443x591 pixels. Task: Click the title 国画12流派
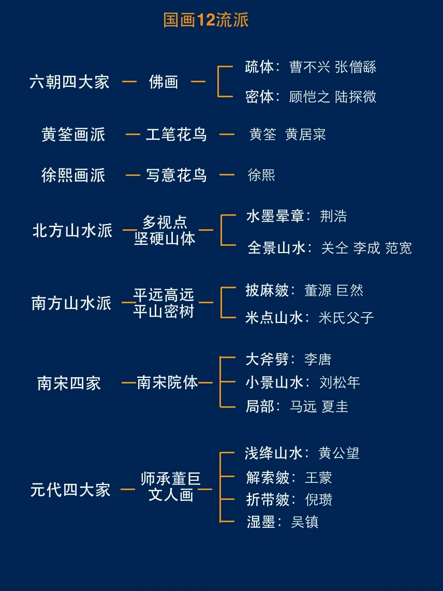[x=206, y=20]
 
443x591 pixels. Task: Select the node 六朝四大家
[x=69, y=82]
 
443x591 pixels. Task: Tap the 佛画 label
[x=164, y=82]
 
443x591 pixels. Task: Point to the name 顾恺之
[x=309, y=97]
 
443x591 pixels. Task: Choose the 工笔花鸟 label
[x=176, y=135]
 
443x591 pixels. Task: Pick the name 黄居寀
[x=305, y=135]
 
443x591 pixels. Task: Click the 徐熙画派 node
[x=73, y=175]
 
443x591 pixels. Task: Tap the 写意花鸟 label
[x=176, y=175]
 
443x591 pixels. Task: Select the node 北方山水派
[x=72, y=230]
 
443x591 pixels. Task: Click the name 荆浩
[x=333, y=216]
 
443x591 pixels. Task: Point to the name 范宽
[x=398, y=248]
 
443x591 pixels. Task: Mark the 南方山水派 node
[x=71, y=303]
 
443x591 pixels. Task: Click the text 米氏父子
[x=346, y=317]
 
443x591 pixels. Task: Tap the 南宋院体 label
[x=167, y=383]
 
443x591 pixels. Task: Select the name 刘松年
[x=339, y=382]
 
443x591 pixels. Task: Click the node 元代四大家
[x=70, y=490]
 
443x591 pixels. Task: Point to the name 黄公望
[x=338, y=453]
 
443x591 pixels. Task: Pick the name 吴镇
[x=304, y=522]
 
